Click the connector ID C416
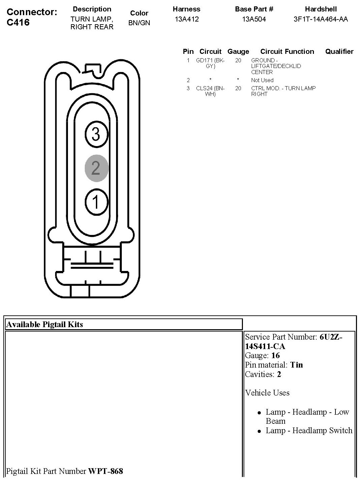18,22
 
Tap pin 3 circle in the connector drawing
96,134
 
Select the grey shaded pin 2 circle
96,168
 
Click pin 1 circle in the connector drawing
96,202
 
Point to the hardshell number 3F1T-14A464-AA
321,19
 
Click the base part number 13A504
254,19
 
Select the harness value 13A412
187,19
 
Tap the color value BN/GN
139,23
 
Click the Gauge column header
238,51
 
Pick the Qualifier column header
339,51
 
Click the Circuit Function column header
287,51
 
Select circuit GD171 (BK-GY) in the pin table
210,63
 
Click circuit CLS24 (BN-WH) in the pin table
210,91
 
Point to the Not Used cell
262,80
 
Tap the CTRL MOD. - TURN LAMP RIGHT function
283,91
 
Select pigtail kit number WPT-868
106,471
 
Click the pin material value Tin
296,365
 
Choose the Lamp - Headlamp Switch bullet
309,431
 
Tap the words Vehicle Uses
267,393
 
